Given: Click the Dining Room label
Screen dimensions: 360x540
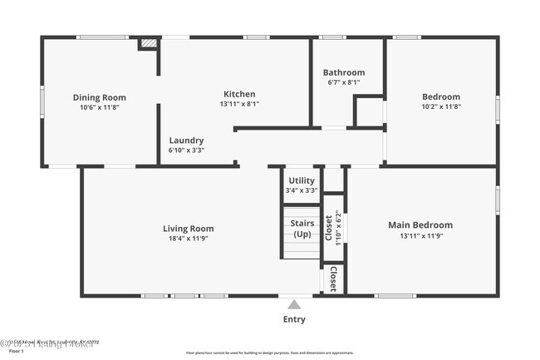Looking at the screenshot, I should pos(99,97).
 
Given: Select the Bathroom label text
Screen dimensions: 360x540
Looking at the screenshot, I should pos(343,72).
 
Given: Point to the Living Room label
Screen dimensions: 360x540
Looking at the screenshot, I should pos(188,229).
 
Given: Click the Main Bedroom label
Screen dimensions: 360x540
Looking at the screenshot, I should pos(420,224).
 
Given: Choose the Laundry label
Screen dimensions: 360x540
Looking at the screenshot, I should pos(186,141).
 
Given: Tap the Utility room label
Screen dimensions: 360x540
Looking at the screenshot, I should pos(301,180).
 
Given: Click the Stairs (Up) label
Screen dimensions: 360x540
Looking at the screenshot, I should pos(301,228).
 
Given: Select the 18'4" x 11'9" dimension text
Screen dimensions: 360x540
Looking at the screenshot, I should pos(188,239).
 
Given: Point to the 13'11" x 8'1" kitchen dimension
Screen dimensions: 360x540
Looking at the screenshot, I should pos(239,104).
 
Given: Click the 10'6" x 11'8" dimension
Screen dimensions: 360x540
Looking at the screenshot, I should pos(99,107).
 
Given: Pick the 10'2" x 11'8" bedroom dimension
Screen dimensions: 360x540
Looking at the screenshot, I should pos(441,106).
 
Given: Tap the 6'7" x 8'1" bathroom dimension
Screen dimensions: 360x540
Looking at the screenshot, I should pos(343,82).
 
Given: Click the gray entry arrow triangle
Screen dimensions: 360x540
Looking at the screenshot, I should pos(294,304).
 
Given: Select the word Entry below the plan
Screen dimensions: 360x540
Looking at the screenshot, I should pos(294,319).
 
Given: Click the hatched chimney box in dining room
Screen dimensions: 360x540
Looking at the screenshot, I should pos(148,42).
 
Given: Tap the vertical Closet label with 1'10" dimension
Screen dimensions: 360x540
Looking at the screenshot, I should pos(332,227).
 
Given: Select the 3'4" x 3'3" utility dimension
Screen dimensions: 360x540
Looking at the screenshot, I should pos(301,190).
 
